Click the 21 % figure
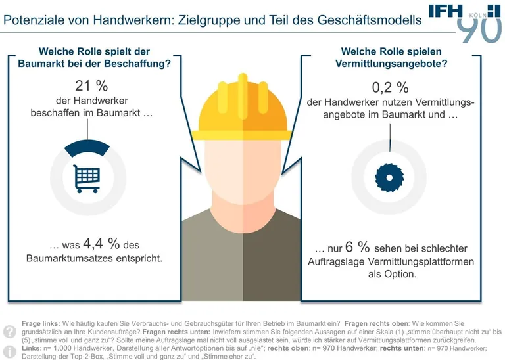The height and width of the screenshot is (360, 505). [92, 85]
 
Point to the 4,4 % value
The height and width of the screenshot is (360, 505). [101, 244]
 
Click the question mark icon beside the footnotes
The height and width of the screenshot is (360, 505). [10, 331]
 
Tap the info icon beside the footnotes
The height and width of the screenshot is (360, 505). [10, 351]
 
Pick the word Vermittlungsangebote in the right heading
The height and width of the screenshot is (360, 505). [390, 64]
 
